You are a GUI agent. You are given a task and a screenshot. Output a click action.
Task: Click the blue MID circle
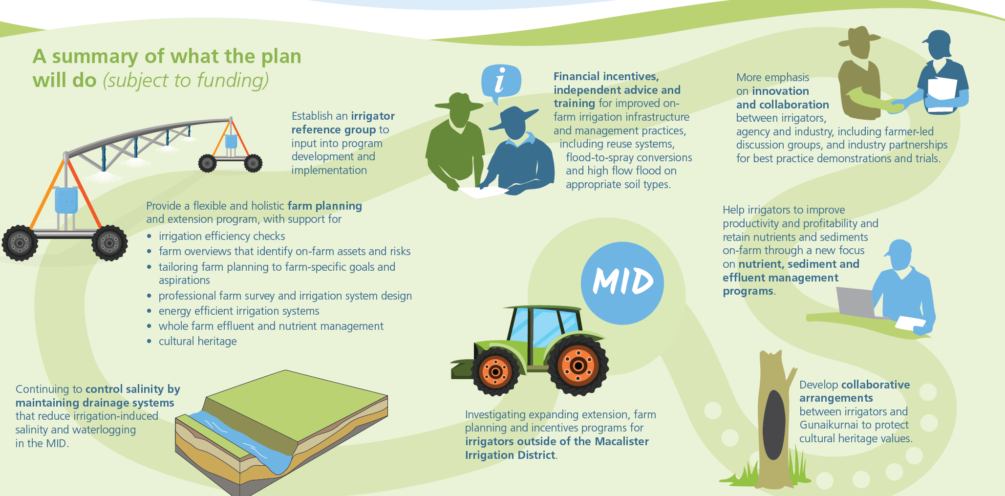click(x=622, y=283)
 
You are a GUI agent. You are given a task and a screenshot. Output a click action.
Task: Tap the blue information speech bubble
click(x=501, y=82)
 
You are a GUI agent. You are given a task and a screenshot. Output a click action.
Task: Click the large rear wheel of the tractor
click(x=578, y=365)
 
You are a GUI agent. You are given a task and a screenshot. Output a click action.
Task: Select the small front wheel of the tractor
click(x=495, y=372)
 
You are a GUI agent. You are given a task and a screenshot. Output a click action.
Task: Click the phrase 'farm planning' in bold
click(x=324, y=206)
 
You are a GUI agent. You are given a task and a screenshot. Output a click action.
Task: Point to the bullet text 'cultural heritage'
click(x=197, y=341)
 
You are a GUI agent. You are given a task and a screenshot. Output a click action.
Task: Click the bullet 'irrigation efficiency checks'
click(x=222, y=236)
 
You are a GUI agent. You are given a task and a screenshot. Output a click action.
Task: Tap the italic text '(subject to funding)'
click(x=186, y=80)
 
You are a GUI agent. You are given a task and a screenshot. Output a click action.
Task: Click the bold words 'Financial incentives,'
click(x=606, y=77)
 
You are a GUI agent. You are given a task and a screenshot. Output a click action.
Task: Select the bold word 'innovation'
click(x=780, y=91)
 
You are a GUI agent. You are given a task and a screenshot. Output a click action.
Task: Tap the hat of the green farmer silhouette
click(x=459, y=102)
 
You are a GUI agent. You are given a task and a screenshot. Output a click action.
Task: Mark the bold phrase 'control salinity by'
click(x=133, y=389)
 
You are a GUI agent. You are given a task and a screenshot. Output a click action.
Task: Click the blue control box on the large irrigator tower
click(x=66, y=200)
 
